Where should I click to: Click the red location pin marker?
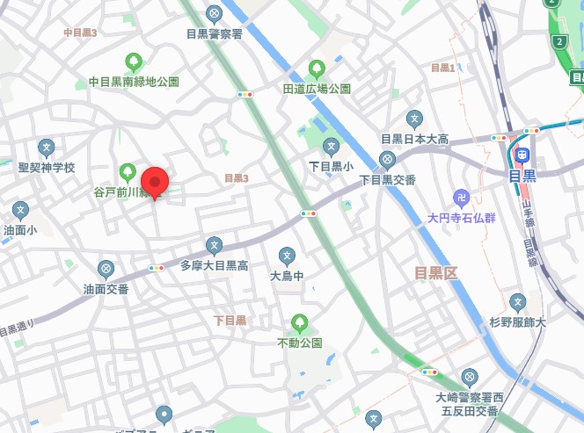click(x=156, y=182)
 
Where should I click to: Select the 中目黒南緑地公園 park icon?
click(x=134, y=61)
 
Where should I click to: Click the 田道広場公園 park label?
click(x=317, y=89)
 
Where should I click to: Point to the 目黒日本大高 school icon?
click(x=415, y=119)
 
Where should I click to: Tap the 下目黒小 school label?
click(x=331, y=165)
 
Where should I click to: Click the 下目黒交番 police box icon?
click(x=387, y=159)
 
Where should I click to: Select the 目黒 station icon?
click(x=522, y=155)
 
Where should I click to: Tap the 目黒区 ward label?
click(x=437, y=273)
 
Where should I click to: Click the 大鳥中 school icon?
click(x=287, y=256)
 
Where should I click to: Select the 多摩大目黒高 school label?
click(x=215, y=264)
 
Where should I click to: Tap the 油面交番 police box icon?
click(x=106, y=268)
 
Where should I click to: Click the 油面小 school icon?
click(x=20, y=211)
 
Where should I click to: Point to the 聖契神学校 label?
click(x=47, y=167)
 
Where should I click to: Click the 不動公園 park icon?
click(x=300, y=322)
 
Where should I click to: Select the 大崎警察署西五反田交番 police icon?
click(x=469, y=377)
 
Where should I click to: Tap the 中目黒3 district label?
click(x=80, y=32)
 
